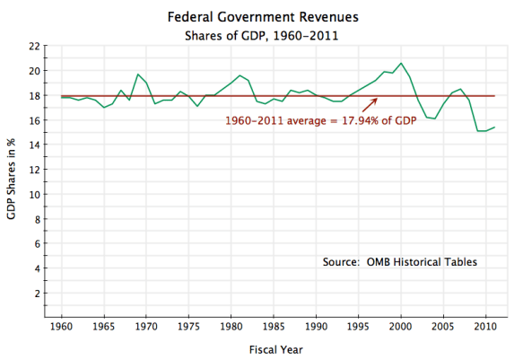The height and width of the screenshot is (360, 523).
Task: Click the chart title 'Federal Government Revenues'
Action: (261, 16)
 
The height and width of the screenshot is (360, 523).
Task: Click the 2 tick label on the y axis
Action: (36, 294)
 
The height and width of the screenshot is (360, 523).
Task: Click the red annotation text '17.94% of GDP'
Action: (378, 121)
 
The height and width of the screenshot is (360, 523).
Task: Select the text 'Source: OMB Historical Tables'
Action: (399, 262)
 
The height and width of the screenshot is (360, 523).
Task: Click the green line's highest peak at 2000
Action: (401, 63)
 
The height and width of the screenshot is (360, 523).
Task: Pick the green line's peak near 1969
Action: (137, 74)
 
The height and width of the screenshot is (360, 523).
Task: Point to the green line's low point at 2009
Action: (477, 131)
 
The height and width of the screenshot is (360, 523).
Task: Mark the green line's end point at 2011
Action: (494, 127)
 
